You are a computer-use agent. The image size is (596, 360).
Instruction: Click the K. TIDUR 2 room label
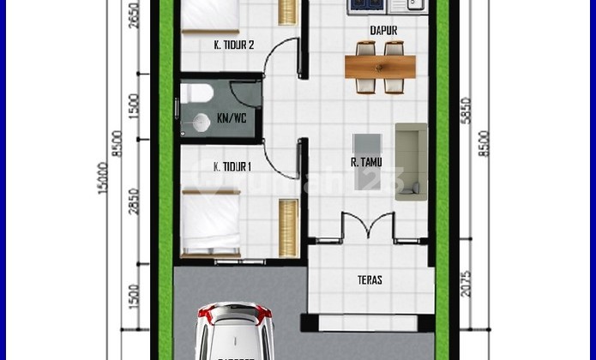[x=233, y=45]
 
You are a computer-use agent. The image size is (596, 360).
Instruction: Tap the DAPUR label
[x=383, y=31]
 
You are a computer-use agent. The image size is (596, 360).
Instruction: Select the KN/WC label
[x=231, y=118]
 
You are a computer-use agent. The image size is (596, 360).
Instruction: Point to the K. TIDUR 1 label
[x=232, y=166]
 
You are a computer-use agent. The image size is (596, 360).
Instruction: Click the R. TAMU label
[x=366, y=162]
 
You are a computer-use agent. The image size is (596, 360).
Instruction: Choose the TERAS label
[x=370, y=279]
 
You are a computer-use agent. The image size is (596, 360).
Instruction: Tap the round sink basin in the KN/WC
[x=202, y=123]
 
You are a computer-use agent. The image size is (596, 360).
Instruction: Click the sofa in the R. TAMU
[x=411, y=161]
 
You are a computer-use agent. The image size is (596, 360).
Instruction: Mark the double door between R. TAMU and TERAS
[x=368, y=225]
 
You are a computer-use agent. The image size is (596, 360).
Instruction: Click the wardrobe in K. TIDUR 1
[x=288, y=227]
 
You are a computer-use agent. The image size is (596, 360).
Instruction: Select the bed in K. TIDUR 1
[x=212, y=221]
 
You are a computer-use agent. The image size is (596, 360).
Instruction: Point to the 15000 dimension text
[x=104, y=178]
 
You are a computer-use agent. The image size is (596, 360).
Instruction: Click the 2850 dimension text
[x=133, y=201]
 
